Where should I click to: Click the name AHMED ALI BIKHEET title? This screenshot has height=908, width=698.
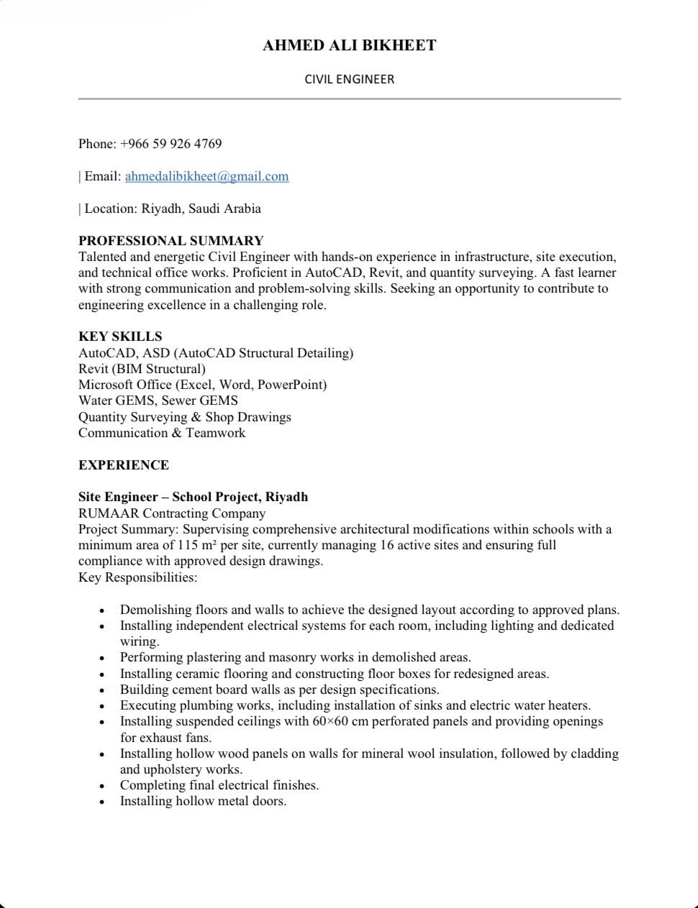tap(349, 45)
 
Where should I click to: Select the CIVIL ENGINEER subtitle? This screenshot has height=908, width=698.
tap(349, 79)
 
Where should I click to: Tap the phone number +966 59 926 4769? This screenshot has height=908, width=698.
tap(171, 144)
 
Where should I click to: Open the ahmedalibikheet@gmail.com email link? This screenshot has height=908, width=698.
tap(207, 176)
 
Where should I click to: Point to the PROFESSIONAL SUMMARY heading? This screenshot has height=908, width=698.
tap(171, 241)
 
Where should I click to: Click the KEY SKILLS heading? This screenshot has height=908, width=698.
tap(120, 336)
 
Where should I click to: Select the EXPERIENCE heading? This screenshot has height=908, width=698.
tap(124, 465)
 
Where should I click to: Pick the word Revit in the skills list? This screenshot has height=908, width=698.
tap(94, 369)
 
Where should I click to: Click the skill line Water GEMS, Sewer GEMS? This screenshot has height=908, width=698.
tap(158, 400)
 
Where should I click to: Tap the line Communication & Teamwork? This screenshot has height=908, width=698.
tap(162, 433)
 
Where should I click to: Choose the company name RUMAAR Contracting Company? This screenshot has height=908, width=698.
tap(172, 513)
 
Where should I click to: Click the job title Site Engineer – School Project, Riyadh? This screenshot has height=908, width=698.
tap(193, 497)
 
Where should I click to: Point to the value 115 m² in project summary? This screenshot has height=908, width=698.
tap(197, 545)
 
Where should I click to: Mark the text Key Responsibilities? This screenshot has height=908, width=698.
tap(137, 577)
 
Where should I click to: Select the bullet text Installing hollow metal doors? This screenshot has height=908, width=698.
tap(203, 801)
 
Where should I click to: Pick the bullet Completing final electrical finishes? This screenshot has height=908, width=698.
tap(219, 785)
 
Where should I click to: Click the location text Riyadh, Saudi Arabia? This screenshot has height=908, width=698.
tap(201, 208)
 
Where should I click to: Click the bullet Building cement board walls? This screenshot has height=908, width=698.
tap(279, 689)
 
